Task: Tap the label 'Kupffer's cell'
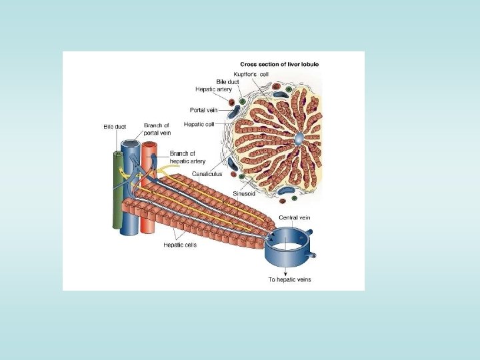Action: pos(251,74)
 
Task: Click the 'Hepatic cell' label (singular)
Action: pos(199,124)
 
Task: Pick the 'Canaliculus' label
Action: pos(207,173)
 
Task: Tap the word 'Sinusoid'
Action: pos(243,193)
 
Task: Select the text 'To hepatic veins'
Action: pos(289,279)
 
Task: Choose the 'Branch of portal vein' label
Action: pos(157,129)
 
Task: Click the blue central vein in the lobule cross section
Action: pos(299,139)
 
